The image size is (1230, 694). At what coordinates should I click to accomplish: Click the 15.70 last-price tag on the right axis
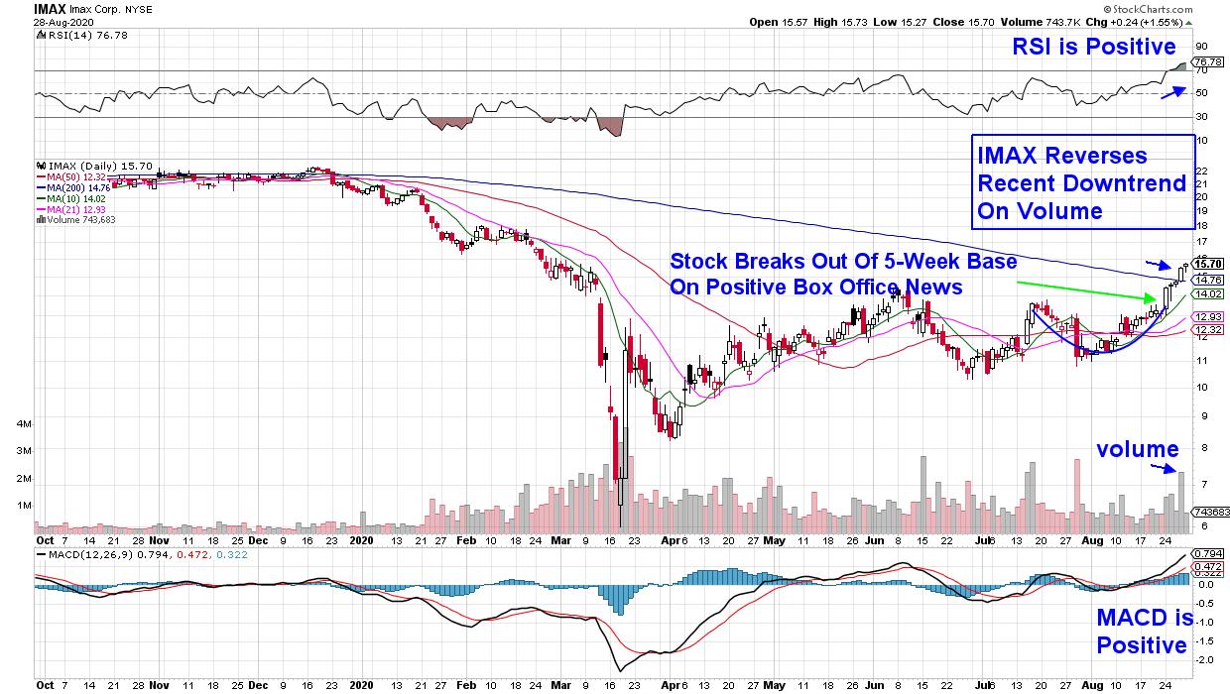1207,264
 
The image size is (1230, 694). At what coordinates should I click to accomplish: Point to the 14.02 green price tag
1207,293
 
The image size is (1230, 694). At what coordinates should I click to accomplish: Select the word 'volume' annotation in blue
1137,449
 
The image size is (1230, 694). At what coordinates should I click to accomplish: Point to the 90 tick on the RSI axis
1200,46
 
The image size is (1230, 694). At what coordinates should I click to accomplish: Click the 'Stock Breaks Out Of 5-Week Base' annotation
843,262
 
